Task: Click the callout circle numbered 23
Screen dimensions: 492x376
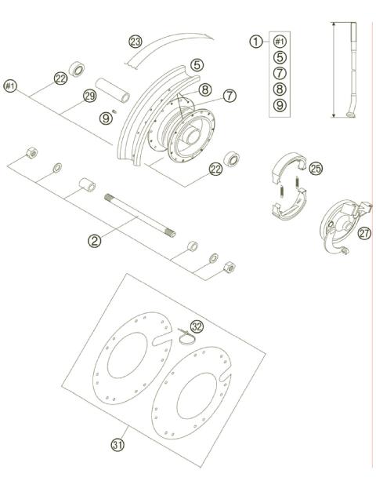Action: (x=136, y=42)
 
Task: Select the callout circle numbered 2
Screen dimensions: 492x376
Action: (x=95, y=241)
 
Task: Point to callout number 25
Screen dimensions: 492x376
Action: (x=315, y=168)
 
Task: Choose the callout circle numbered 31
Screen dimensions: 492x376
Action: (x=117, y=445)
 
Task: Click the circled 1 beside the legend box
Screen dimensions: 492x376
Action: (x=255, y=42)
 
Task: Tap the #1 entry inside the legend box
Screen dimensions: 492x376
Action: (x=280, y=42)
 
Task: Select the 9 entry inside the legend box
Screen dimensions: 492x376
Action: (x=280, y=105)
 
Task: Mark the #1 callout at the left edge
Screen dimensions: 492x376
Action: (x=11, y=85)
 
